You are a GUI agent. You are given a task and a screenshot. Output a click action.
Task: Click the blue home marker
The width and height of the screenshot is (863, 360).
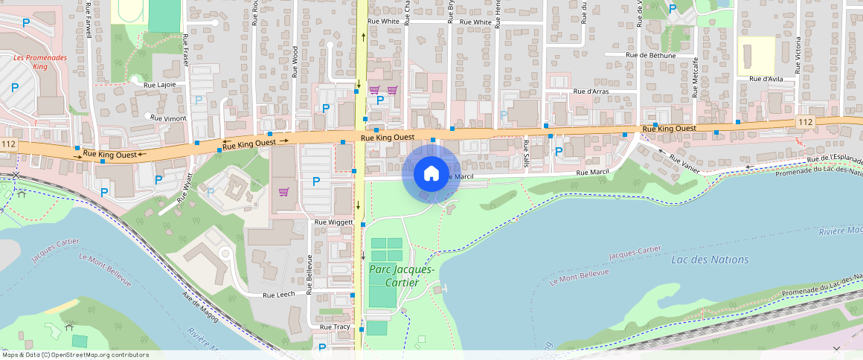coord(431,173)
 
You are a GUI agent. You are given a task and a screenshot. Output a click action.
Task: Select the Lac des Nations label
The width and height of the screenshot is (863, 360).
coord(710,260)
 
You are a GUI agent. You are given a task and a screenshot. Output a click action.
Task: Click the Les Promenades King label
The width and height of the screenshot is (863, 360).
coord(40,61)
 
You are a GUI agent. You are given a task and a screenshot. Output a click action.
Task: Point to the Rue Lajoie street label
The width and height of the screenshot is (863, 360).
coord(160,85)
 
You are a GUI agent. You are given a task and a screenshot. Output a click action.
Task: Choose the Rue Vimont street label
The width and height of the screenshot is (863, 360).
coord(168,118)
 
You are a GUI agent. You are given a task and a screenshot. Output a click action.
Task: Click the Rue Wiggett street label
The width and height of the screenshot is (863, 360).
coord(333,222)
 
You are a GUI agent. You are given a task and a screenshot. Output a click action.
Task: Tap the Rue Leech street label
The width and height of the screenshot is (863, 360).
coord(279,295)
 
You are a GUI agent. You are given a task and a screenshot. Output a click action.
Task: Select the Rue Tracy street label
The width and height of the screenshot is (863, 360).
coord(336,327)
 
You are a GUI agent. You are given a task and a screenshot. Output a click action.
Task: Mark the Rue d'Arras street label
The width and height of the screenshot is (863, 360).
coord(591,91)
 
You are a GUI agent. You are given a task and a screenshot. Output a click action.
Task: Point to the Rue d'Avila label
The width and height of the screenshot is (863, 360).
coord(767,79)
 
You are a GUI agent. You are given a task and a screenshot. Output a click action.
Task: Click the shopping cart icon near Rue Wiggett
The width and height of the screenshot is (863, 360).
coord(283,191)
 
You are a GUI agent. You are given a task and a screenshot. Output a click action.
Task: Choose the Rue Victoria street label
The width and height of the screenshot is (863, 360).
coord(798,54)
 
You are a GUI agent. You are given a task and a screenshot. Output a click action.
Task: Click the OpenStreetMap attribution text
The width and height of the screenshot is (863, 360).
coord(75,355)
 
